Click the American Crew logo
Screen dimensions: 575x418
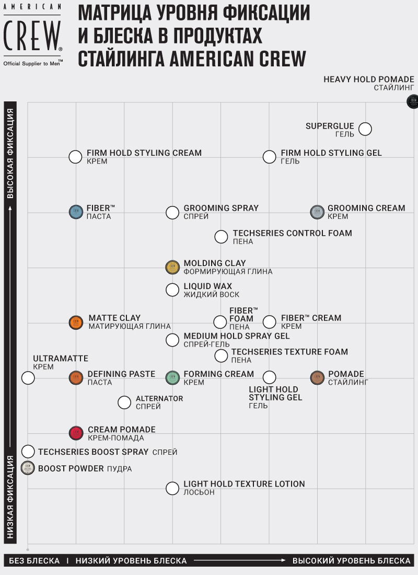(33, 34)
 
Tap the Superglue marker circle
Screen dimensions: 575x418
(365, 129)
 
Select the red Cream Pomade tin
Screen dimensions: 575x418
(76, 433)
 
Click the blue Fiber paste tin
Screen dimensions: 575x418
(76, 212)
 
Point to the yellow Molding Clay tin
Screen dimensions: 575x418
(172, 267)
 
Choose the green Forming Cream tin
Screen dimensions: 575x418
(172, 377)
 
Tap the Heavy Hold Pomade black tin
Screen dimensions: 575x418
(413, 102)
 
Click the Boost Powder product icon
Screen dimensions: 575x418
(28, 468)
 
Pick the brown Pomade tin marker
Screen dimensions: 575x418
(317, 377)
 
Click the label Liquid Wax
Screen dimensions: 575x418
(207, 286)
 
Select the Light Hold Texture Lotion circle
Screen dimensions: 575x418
(172, 488)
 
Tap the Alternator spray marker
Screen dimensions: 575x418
(124, 402)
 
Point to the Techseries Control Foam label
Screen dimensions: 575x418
(292, 233)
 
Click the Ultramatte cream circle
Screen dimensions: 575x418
(28, 377)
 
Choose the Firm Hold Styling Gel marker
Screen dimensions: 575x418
(269, 156)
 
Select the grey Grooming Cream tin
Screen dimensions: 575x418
(317, 212)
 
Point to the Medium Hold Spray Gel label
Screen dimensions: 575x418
(236, 336)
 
